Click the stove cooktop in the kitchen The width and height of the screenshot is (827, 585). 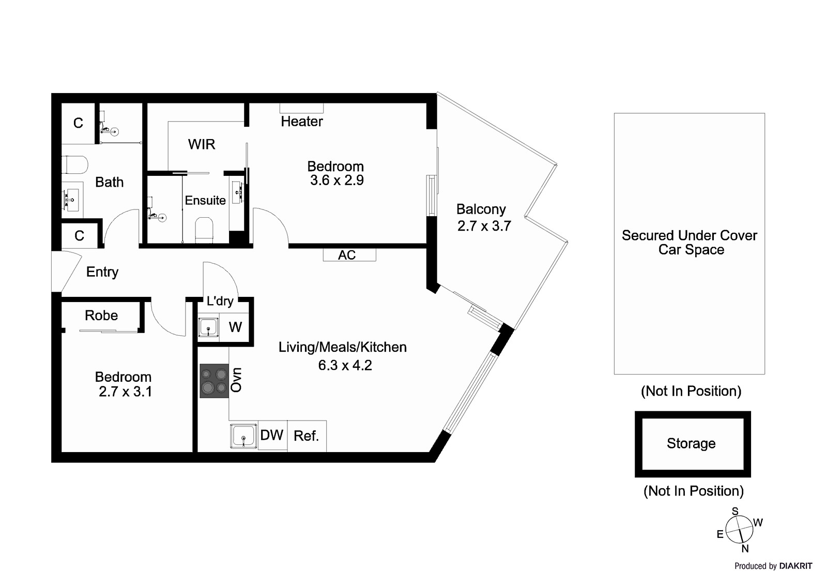215,381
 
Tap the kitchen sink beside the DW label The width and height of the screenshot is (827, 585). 243,436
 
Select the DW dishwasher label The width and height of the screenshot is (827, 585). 272,435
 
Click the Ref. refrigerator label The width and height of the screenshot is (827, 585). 306,436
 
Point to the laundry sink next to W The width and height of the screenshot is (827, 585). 208,327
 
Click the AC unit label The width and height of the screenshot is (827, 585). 347,255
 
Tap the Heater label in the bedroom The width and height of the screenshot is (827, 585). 302,122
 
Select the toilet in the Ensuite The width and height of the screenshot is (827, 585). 204,229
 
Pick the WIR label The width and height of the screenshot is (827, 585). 202,144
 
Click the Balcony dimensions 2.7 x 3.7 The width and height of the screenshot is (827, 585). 484,226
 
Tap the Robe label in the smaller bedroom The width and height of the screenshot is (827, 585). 101,316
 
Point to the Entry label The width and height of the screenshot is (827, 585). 102,272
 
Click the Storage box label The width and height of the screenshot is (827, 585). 691,444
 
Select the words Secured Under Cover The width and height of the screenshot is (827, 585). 689,235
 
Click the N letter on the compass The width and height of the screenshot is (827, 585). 745,549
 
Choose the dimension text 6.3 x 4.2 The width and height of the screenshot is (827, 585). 345,365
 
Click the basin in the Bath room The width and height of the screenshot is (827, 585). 72,197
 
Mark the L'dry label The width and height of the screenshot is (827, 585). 220,301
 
